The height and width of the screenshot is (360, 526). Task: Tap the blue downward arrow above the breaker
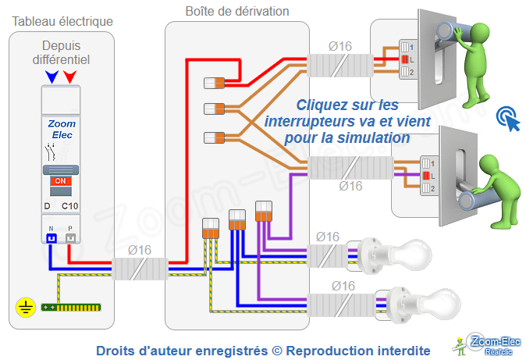point(52,77)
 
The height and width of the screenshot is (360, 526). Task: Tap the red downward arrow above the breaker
point(70,77)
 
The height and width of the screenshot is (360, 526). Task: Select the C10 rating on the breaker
point(69,206)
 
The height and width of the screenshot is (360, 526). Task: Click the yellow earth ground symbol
point(24,308)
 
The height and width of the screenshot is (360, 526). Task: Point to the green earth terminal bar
point(72,307)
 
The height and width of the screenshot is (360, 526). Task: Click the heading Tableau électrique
point(62,20)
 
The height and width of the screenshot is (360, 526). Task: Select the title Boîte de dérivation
point(236,11)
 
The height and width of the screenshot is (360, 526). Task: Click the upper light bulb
point(409,253)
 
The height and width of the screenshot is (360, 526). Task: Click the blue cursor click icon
point(508,119)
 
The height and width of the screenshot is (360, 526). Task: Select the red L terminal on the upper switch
point(404,59)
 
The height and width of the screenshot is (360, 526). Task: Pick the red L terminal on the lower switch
point(425,176)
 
